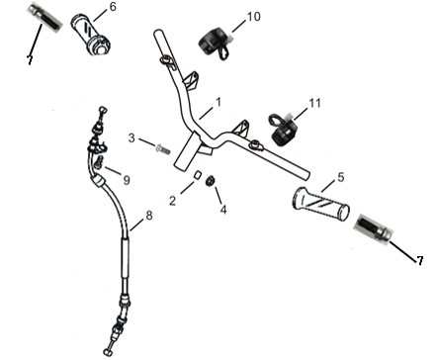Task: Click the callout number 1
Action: coord(219,103)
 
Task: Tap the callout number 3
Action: coord(131,137)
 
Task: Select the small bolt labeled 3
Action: coord(162,149)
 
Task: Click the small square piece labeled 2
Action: coord(197,175)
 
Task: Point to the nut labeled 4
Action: coord(211,181)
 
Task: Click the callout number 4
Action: coord(223,210)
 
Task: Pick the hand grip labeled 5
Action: coord(320,205)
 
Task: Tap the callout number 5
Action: coord(341,177)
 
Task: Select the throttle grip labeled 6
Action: coord(91,35)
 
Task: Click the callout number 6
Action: coord(113,7)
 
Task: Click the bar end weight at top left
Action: coord(44,17)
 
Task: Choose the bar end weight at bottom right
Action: coord(374,229)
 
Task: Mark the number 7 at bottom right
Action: coord(419,261)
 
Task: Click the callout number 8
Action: coord(149,216)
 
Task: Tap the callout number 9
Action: coord(127,180)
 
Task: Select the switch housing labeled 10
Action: coord(216,44)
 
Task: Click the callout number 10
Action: coord(253,16)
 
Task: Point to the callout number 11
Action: coord(314,103)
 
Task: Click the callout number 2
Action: coord(173,201)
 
